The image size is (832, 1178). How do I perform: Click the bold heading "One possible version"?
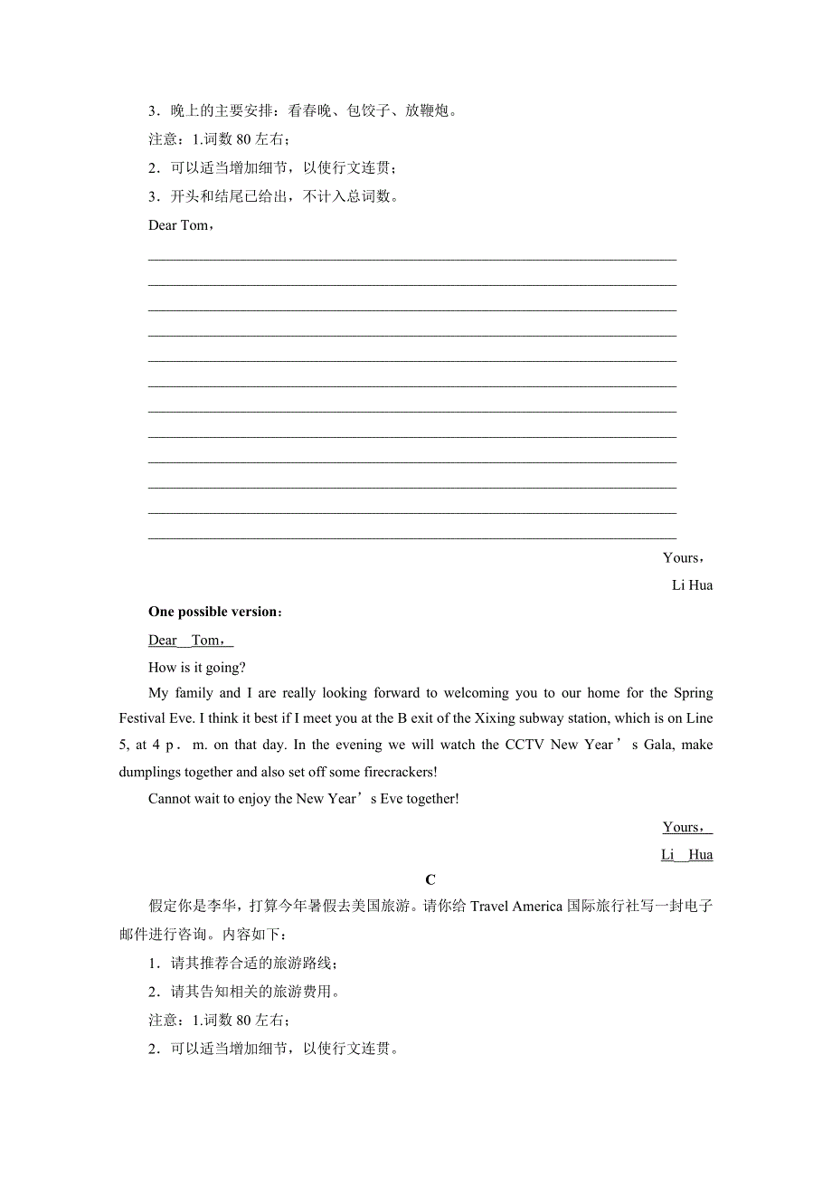213,613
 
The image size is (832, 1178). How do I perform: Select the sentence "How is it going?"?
197,667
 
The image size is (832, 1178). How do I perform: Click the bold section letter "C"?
430,879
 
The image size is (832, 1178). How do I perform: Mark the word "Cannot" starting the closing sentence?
170,799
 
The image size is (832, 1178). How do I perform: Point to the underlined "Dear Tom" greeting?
190,641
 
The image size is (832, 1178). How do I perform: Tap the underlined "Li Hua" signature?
686,855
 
